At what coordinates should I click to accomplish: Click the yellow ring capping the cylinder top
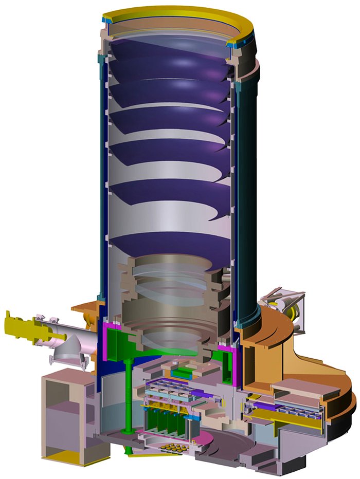[175, 11]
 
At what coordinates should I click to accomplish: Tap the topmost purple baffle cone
[170, 57]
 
